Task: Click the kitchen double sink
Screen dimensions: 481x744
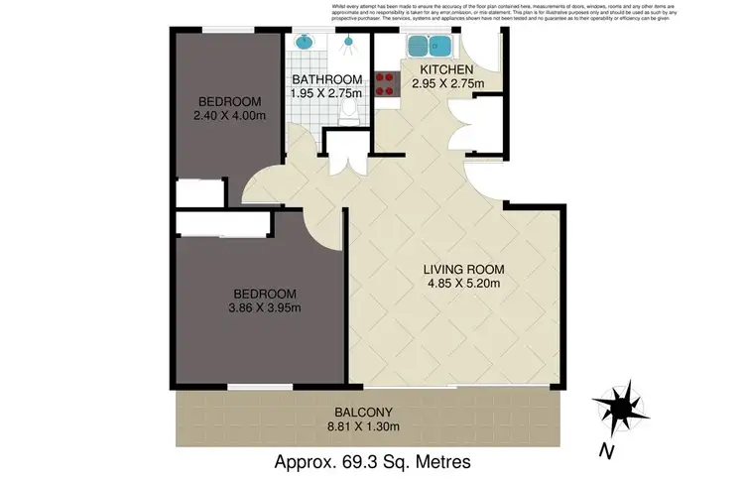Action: click(430, 45)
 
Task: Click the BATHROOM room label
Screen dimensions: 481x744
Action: click(326, 79)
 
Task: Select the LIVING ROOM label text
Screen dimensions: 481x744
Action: click(464, 269)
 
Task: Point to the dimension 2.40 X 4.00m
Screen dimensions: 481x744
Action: click(229, 115)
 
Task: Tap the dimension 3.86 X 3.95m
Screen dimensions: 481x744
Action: click(264, 307)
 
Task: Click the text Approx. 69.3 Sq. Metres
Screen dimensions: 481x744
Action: click(371, 462)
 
